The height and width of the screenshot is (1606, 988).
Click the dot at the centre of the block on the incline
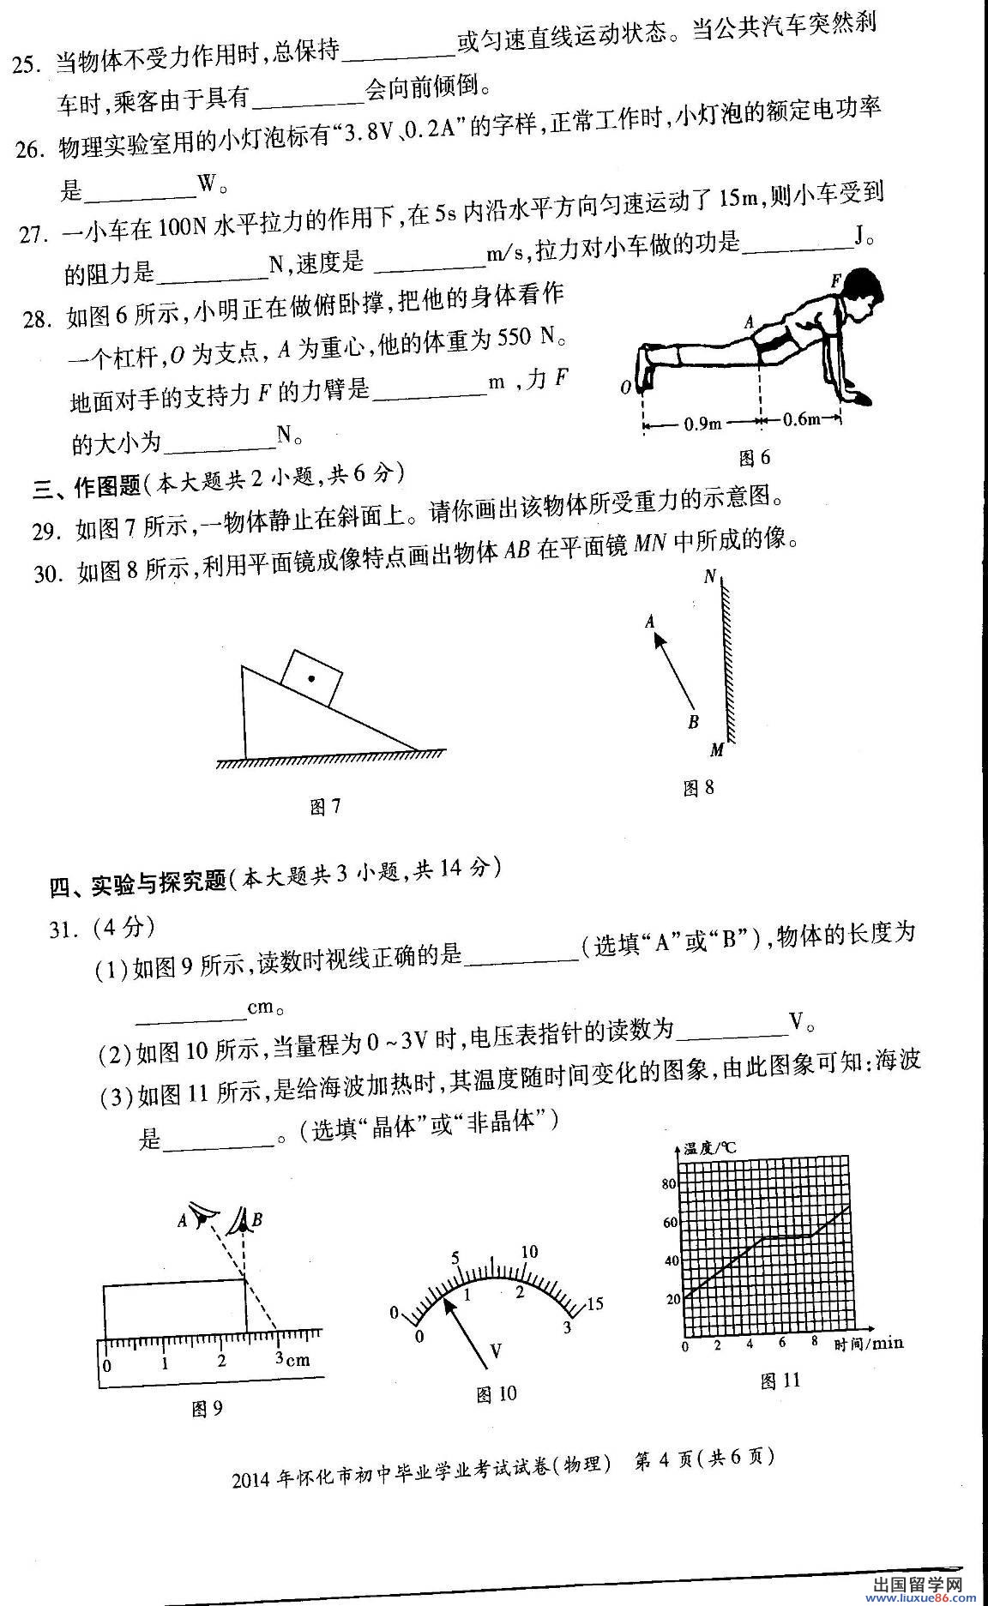(x=311, y=678)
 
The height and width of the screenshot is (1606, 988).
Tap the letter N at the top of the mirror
(x=710, y=577)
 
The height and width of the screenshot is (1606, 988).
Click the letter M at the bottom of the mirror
(x=717, y=751)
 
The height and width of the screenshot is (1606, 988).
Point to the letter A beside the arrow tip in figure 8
(x=650, y=623)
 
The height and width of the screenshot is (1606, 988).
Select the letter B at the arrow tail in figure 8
(x=693, y=722)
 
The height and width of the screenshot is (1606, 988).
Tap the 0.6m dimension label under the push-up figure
(x=801, y=420)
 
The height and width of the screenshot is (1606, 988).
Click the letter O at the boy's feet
(x=625, y=388)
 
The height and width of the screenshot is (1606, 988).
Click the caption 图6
(x=755, y=458)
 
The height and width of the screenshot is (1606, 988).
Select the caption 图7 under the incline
(x=325, y=807)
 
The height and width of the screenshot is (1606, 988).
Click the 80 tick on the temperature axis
(x=670, y=1184)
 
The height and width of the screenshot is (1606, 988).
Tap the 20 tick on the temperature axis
(x=672, y=1299)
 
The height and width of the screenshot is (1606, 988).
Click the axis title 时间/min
(x=869, y=1344)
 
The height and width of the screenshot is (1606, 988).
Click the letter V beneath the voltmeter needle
(x=495, y=1352)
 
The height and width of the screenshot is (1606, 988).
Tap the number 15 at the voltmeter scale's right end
(x=593, y=1304)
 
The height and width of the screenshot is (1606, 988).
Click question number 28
(x=39, y=320)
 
